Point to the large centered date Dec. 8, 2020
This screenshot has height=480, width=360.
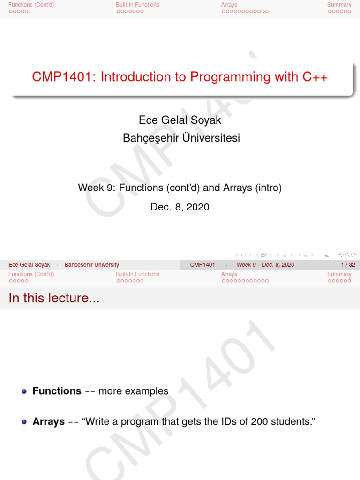pyautogui.click(x=180, y=207)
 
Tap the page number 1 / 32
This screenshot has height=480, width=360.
pyautogui.click(x=348, y=265)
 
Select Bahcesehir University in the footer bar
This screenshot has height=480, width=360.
pyautogui.click(x=91, y=265)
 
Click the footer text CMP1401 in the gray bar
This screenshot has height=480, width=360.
pyautogui.click(x=202, y=265)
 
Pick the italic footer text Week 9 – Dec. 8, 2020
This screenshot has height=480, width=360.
pyautogui.click(x=265, y=265)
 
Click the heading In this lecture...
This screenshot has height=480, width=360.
pyautogui.click(x=54, y=298)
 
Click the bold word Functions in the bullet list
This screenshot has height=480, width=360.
pyautogui.click(x=57, y=391)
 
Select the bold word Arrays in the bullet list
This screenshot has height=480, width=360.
pyautogui.click(x=48, y=421)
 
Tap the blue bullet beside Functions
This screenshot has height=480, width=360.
pyautogui.click(x=24, y=391)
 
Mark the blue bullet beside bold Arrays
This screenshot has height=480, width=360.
pyautogui.click(x=24, y=422)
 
